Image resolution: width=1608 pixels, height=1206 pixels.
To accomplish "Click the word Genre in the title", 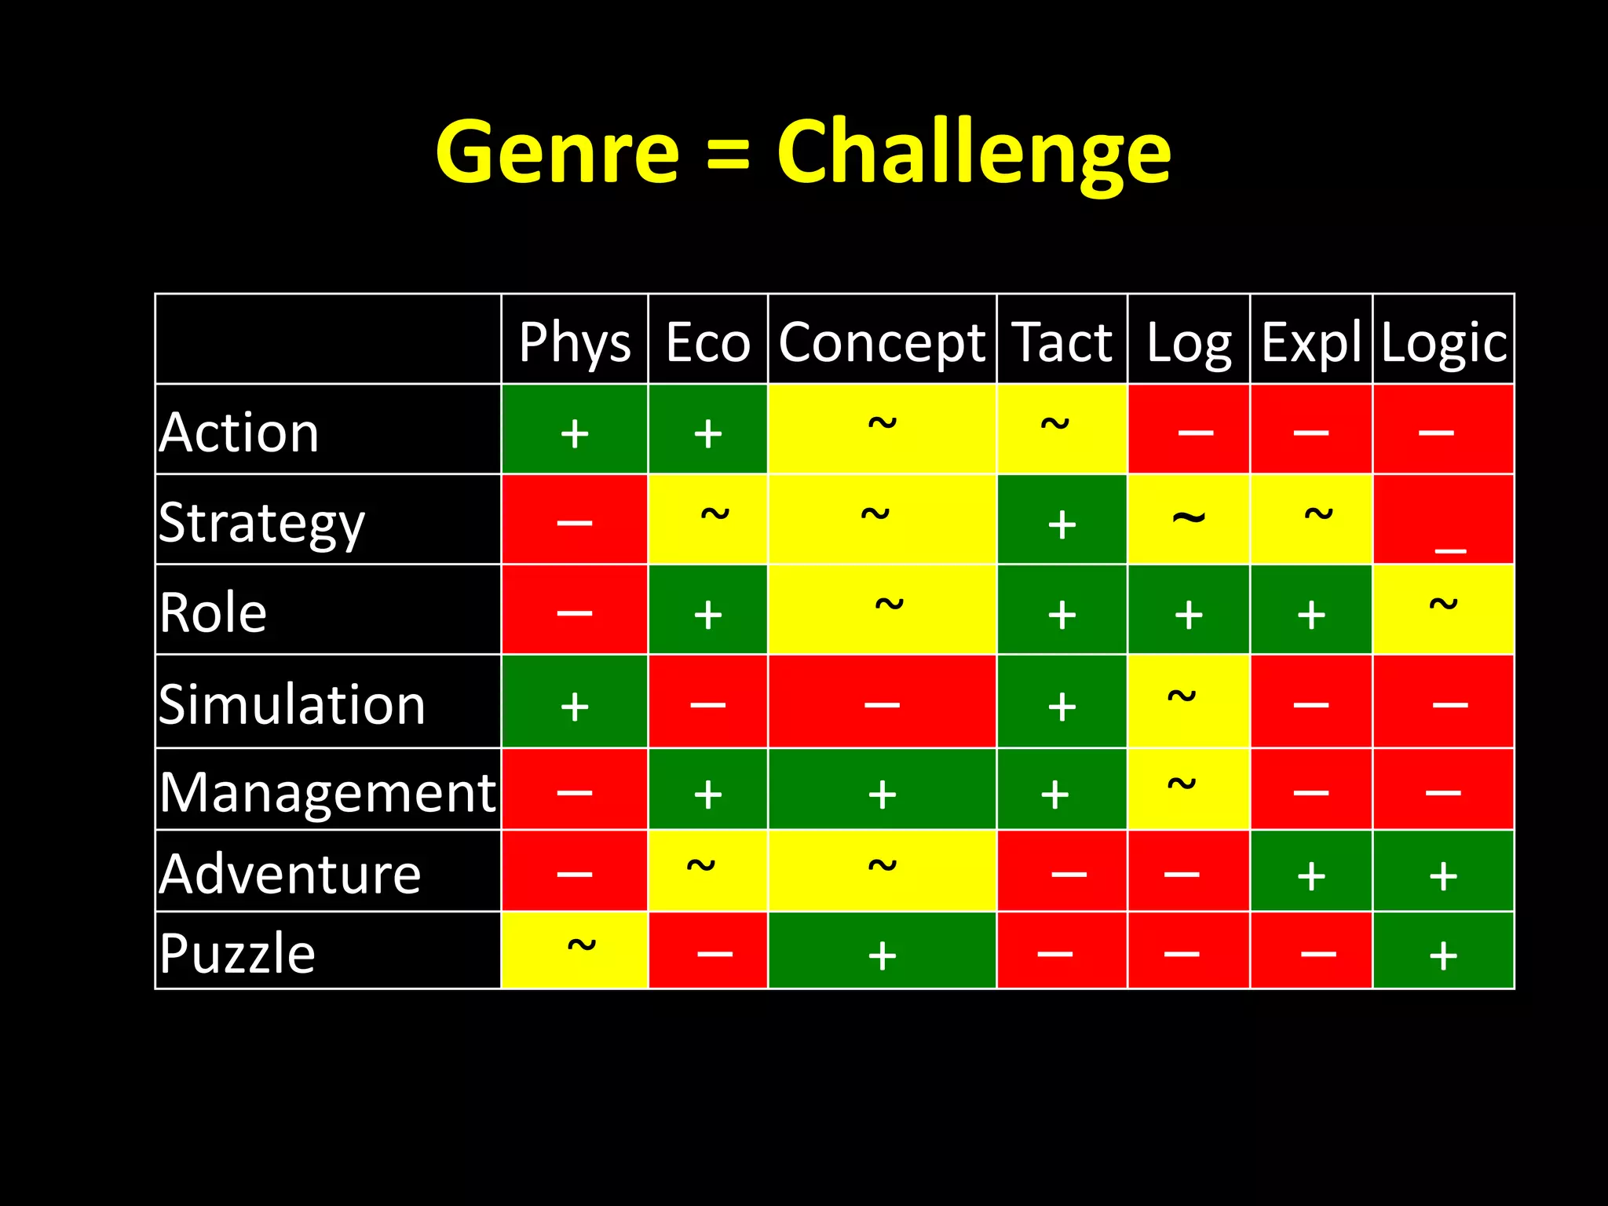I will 557,152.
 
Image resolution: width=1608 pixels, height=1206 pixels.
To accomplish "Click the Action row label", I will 239,431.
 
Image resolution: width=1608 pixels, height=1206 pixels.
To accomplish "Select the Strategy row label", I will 261,522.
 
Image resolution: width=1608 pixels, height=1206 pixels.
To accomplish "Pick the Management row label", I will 327,791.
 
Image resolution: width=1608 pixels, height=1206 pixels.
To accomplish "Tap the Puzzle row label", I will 237,952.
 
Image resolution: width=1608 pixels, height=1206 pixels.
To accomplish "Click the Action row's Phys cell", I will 575,430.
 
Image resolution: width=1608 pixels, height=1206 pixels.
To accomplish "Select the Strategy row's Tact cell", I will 1062,521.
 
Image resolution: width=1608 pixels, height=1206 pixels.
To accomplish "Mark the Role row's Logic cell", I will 1443,609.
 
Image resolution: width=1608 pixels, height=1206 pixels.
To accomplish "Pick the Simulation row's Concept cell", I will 882,702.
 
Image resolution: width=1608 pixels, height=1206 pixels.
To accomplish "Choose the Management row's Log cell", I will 1188,790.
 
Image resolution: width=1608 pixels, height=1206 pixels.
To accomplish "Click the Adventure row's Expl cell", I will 1310,872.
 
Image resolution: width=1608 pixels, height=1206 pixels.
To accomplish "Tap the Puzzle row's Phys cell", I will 575,951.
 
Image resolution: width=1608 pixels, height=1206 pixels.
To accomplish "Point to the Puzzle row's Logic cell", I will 1443,951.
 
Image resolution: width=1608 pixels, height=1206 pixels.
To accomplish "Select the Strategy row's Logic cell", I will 1443,521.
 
